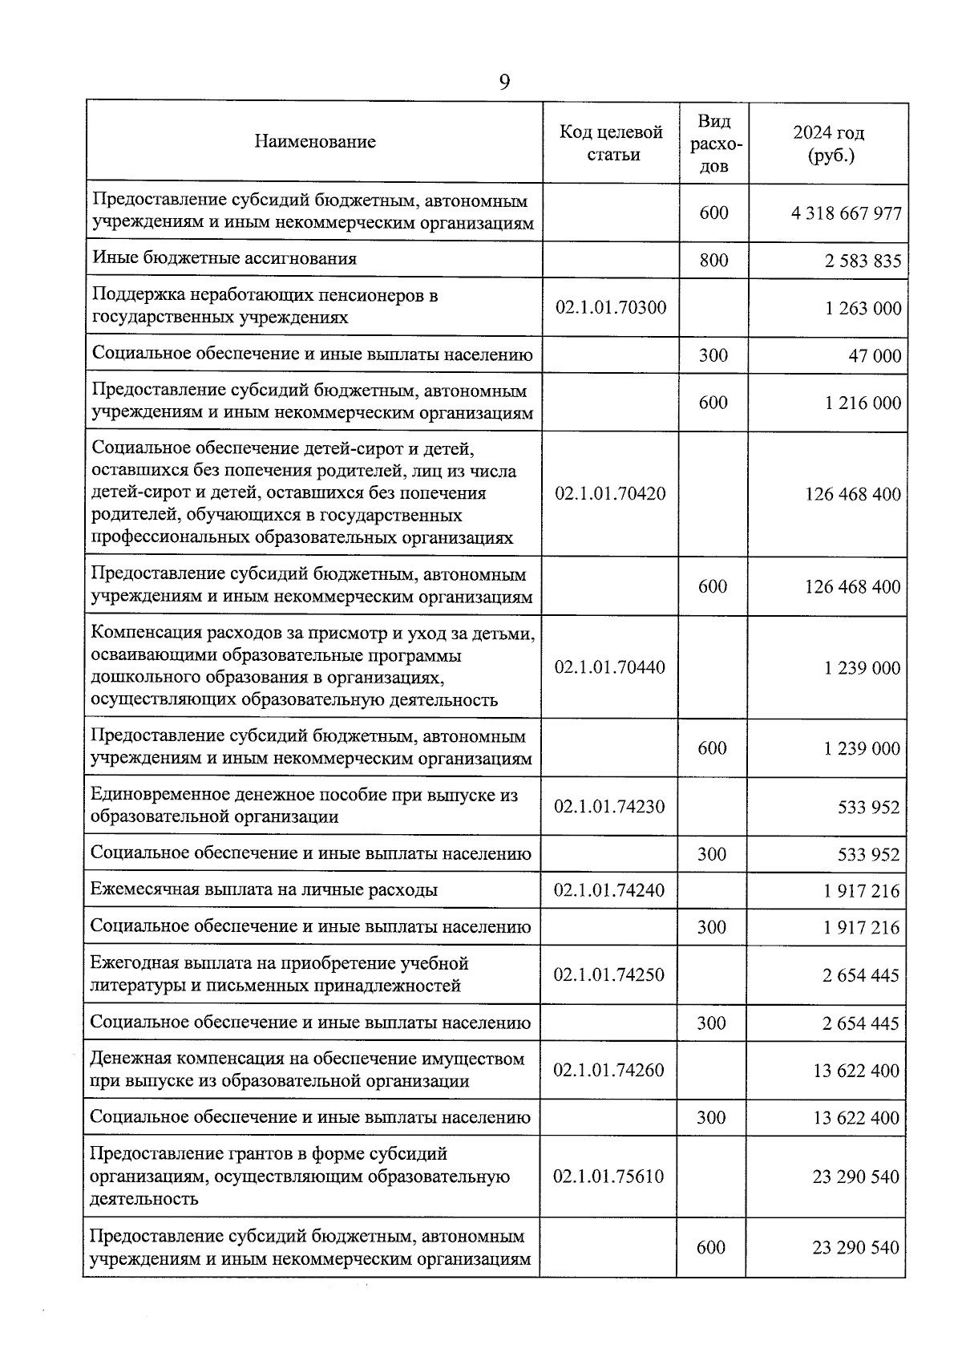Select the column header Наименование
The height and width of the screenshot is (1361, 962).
point(315,142)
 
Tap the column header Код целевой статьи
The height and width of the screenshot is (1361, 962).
point(611,143)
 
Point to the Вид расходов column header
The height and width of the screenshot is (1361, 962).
point(713,143)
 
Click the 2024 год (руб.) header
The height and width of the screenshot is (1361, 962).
point(829,144)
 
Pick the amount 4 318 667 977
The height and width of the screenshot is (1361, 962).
point(846,213)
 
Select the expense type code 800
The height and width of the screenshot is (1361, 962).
point(713,260)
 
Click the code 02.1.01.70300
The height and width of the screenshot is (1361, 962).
point(611,307)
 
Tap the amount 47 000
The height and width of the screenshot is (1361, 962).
point(875,355)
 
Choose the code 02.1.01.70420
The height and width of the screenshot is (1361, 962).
point(610,493)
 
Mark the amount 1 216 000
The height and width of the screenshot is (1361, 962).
point(863,403)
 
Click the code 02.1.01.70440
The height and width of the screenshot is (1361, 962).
point(609,667)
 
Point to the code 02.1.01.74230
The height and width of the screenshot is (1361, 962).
point(609,806)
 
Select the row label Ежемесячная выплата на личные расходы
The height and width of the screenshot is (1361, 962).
point(264,889)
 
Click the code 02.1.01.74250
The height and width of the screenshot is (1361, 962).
point(609,974)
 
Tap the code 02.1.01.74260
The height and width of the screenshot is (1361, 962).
point(609,1070)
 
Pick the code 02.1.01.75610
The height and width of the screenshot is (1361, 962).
point(608,1177)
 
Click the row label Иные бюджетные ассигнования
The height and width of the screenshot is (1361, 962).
point(224,258)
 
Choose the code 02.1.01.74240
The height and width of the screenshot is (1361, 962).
point(609,889)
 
